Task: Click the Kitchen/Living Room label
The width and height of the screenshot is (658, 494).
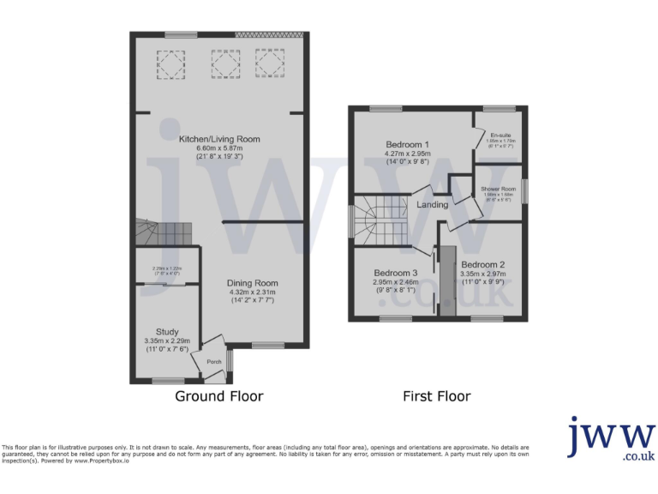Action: click(x=218, y=139)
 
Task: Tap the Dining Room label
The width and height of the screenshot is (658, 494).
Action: click(x=252, y=283)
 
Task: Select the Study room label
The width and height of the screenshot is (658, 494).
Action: click(x=167, y=332)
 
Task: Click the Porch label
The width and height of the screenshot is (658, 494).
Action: click(x=213, y=362)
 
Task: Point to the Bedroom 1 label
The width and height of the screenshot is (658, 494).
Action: click(x=407, y=144)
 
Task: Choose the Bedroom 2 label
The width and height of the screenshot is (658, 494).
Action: click(x=483, y=264)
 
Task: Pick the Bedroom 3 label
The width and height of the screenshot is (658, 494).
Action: click(x=395, y=272)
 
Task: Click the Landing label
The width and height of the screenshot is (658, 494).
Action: click(x=432, y=205)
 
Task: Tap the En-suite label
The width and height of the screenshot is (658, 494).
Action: click(x=500, y=136)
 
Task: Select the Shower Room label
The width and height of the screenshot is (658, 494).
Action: click(x=498, y=189)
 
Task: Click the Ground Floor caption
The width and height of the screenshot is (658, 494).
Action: click(x=218, y=396)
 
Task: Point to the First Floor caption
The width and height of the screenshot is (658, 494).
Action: click(x=437, y=396)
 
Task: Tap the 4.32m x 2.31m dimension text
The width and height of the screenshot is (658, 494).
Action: click(x=252, y=292)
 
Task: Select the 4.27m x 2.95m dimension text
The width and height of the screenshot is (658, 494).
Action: click(x=407, y=154)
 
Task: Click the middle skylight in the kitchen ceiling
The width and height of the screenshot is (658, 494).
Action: click(x=220, y=63)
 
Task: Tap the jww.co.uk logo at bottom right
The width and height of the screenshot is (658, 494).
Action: click(x=611, y=439)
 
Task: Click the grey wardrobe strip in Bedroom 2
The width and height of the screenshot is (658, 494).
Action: click(x=446, y=282)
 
